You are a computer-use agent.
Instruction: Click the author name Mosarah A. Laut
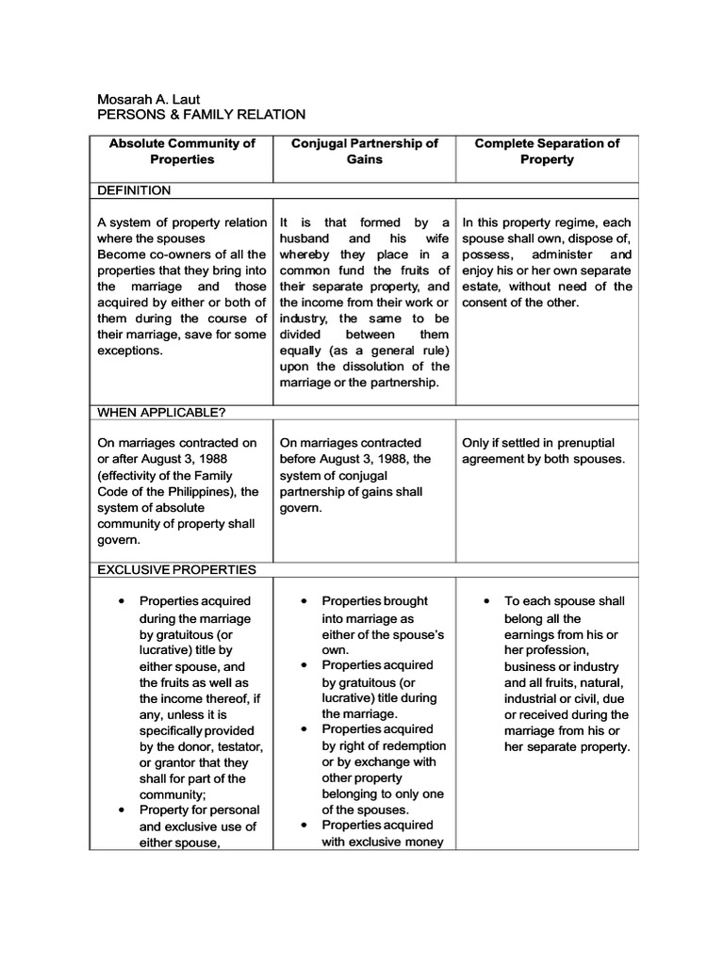pos(150,99)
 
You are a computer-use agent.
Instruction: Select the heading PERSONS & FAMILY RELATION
pos(202,115)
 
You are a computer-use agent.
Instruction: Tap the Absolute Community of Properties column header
pos(182,152)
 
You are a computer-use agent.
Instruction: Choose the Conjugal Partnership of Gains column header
pos(364,152)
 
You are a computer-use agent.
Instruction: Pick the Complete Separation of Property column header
pos(547,152)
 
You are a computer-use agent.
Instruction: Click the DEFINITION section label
pos(135,190)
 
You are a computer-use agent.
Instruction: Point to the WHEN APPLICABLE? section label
pos(161,412)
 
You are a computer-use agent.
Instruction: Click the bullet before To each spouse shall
pos(485,601)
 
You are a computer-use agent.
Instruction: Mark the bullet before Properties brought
pos(303,601)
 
